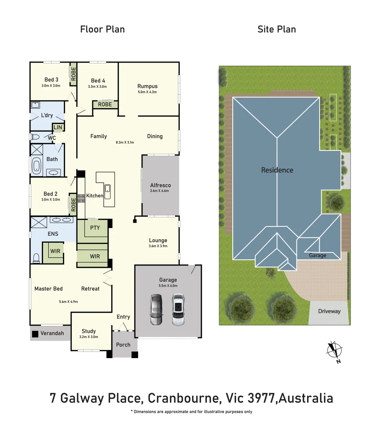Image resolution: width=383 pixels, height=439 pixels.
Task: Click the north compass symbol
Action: point(335,351)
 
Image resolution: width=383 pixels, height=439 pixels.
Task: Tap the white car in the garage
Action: point(177,310)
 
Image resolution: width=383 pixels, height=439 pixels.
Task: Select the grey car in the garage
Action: point(156,310)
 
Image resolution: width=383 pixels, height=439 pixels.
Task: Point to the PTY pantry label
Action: point(95,228)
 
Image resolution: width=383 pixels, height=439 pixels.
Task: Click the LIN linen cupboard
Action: point(58,128)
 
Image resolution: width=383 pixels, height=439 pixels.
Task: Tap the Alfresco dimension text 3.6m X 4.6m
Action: point(159,191)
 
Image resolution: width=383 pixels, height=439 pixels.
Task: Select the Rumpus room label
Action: point(147,86)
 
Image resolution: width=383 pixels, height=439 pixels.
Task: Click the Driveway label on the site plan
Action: point(329,311)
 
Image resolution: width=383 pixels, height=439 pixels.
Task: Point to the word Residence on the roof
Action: point(277,170)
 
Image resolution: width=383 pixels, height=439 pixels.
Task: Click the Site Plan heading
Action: point(277,29)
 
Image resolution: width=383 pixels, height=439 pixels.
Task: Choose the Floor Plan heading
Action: point(102,29)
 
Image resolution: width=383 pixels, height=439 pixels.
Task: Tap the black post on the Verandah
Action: point(35,334)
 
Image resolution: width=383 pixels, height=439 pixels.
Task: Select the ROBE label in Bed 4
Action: point(105,104)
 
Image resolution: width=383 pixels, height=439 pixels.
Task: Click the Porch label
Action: point(123,345)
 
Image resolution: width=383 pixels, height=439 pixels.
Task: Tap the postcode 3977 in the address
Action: point(261,398)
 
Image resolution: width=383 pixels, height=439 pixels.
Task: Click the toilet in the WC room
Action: point(35,137)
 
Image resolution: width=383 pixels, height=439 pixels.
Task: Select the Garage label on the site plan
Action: point(318,255)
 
